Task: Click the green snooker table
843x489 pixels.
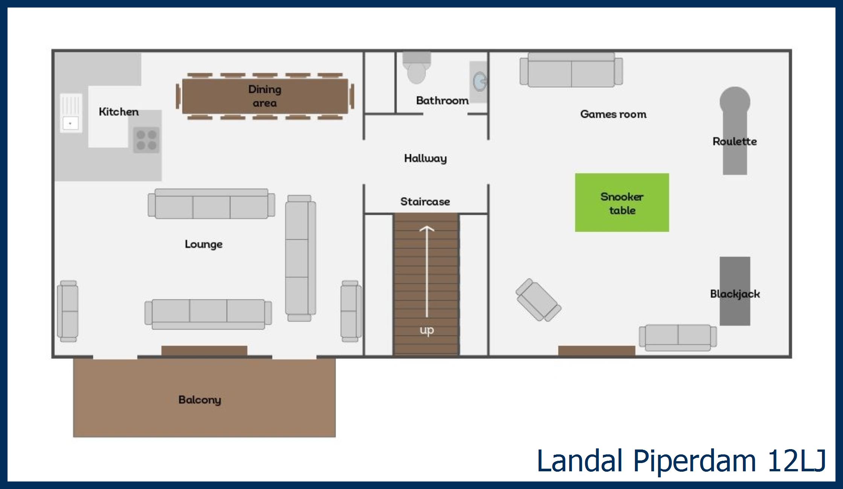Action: click(x=622, y=202)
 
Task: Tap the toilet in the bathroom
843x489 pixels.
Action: click(x=416, y=68)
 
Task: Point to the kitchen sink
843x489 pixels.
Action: click(x=71, y=113)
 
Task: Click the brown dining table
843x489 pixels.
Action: click(x=265, y=96)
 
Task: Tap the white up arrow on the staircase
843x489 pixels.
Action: click(x=426, y=271)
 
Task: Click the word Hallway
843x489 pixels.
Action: click(x=425, y=158)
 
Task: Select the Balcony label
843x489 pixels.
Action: click(x=199, y=400)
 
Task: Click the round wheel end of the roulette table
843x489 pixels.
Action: click(x=735, y=102)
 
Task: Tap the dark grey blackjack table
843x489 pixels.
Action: click(x=735, y=291)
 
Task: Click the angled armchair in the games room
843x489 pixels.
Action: click(x=538, y=300)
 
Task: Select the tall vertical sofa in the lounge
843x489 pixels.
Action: click(x=300, y=258)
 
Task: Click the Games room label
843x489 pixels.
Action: click(x=613, y=114)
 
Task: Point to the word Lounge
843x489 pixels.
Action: click(x=204, y=244)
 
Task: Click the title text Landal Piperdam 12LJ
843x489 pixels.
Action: click(x=681, y=460)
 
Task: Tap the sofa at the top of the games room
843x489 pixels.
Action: click(x=571, y=70)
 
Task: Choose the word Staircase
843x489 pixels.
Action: click(x=425, y=202)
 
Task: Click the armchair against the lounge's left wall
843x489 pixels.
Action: click(x=68, y=311)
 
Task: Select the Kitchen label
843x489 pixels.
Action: click(x=119, y=112)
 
